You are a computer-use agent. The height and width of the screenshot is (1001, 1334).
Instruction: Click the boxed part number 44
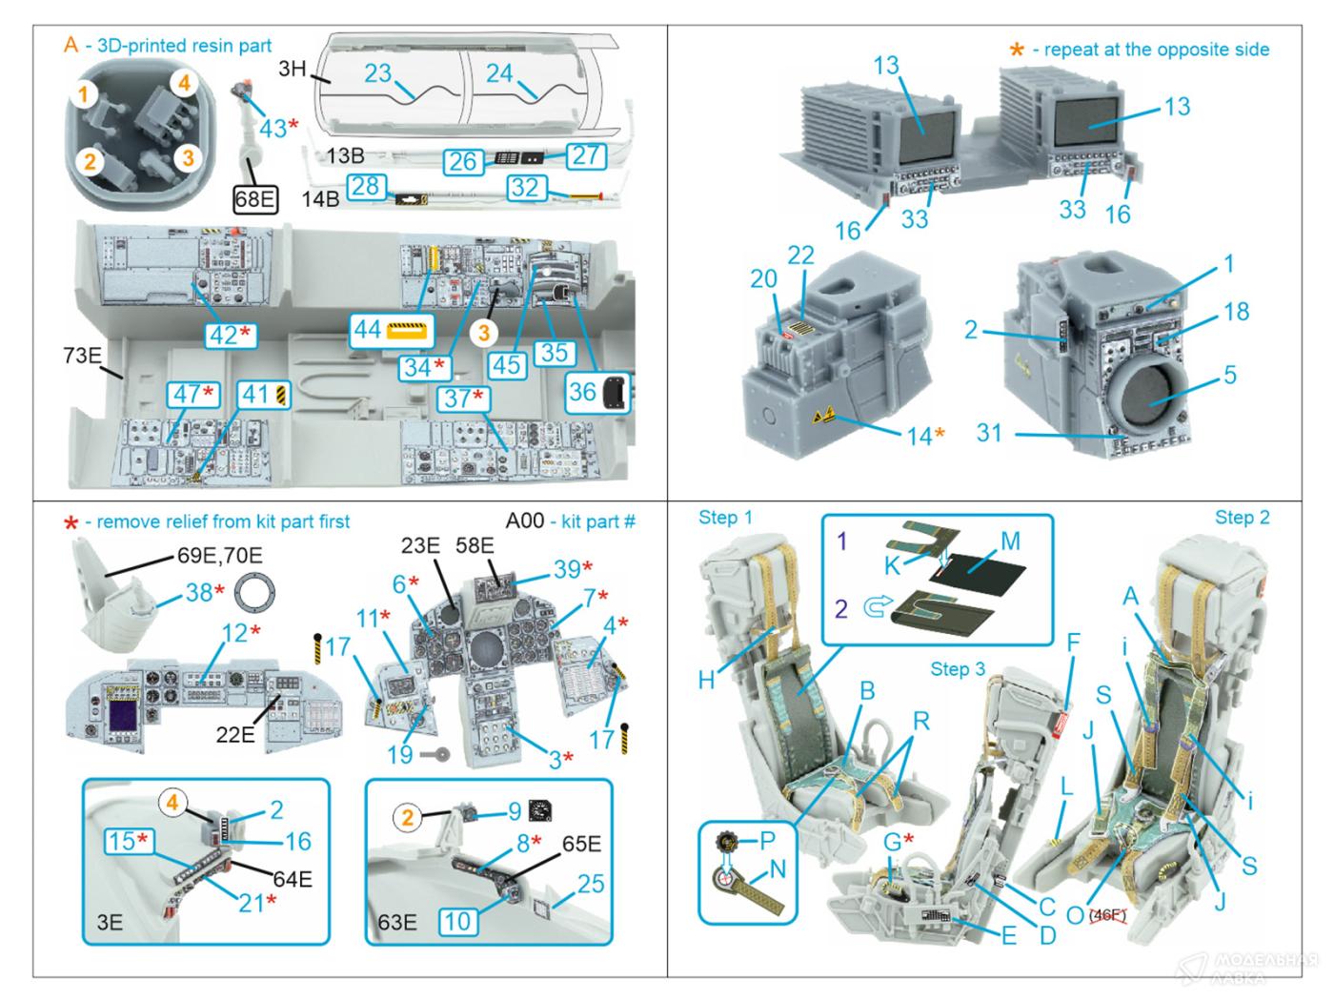coord(367,330)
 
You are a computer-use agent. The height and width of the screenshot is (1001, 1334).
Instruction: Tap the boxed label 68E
coord(254,199)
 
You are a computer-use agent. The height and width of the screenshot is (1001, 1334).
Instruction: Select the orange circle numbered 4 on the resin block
coord(184,83)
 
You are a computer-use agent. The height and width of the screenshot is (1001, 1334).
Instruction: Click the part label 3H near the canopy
coord(293,69)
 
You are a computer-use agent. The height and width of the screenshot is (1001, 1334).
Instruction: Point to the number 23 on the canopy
coord(378,72)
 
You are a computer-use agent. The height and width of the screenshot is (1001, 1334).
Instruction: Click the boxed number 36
coord(582,392)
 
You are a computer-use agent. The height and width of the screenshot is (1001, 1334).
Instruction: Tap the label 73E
coord(83,356)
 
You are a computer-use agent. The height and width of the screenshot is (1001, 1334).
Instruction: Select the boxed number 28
coord(366,186)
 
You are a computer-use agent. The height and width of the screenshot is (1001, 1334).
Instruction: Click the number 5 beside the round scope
coord(1230,375)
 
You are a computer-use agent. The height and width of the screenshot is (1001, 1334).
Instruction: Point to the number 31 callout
coord(989,433)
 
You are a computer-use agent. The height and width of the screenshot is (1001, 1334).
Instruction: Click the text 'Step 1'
coord(725,518)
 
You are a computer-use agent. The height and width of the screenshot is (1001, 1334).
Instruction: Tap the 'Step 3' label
coord(958,669)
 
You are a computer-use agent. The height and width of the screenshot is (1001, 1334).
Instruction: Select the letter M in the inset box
coord(1010,541)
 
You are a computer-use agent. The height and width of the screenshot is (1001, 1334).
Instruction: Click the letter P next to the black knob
coord(767,840)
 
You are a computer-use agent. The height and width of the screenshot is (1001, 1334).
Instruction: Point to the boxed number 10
coord(457,921)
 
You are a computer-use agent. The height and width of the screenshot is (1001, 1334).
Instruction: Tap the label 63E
coord(397,922)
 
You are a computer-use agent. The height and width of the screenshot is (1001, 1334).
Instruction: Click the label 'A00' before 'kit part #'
coord(525,521)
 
